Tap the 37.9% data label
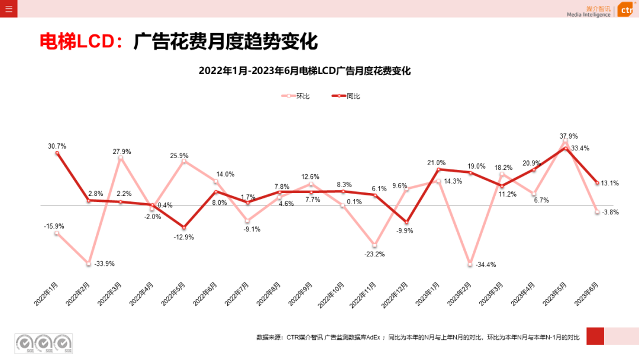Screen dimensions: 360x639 point(569,136)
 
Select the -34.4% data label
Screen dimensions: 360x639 point(486,265)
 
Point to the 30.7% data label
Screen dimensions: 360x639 point(57,146)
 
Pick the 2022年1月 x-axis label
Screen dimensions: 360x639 point(46,293)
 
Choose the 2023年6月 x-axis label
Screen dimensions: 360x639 point(587,293)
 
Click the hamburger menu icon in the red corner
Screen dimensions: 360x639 point(8,9)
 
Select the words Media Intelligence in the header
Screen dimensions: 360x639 point(588,15)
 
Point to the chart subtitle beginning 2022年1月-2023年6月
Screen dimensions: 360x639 point(304,71)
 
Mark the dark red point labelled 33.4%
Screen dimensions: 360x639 point(566,148)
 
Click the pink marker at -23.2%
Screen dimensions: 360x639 point(375,245)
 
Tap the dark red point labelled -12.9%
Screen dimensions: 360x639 point(184,227)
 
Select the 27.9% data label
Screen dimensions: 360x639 point(122,152)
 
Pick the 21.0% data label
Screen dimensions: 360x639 point(436,163)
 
